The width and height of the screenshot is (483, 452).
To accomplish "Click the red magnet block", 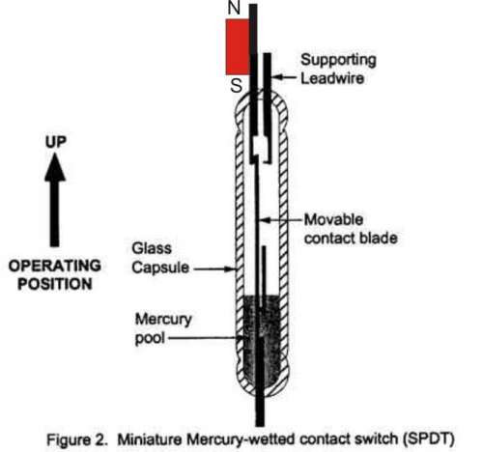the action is tap(238, 47).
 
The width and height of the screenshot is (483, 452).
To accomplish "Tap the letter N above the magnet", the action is tap(234, 8).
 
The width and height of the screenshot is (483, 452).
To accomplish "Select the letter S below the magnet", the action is tap(236, 86).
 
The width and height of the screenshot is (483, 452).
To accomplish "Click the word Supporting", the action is tap(338, 60).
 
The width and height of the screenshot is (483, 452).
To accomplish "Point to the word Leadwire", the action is tap(332, 78).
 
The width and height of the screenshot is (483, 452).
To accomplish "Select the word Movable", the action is tap(334, 220).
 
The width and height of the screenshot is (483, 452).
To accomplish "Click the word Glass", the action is tap(152, 248).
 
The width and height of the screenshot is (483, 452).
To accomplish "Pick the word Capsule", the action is tap(160, 268).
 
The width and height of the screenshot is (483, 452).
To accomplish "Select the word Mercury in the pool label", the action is tap(163, 320).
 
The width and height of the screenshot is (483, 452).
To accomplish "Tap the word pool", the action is tap(150, 338).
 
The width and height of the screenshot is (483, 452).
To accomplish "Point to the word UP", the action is tap(56, 142).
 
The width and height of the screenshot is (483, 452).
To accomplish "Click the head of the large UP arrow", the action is tap(55, 167).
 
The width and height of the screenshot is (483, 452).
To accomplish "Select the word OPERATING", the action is tap(55, 266).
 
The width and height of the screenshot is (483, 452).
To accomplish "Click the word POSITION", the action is tap(55, 284).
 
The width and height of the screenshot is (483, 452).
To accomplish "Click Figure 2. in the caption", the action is tap(76, 439).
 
